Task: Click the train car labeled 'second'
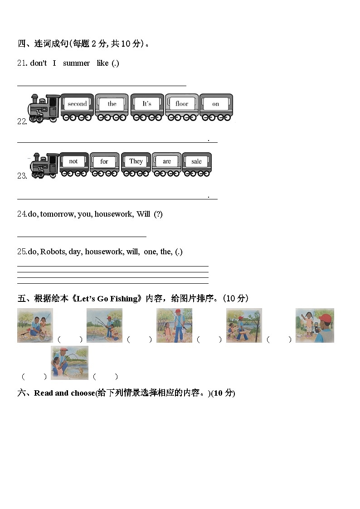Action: (77, 107)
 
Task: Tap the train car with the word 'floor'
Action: (182, 107)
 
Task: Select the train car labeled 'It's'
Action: (147, 107)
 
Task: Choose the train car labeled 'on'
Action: (216, 107)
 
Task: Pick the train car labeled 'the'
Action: (112, 107)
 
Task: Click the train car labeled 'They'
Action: (136, 164)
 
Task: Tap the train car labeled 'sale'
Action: (196, 164)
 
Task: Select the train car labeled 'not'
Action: (73, 164)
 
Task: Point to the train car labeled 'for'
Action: (104, 164)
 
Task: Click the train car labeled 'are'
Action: (167, 164)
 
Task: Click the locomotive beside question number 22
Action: (44, 108)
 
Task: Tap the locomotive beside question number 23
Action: (44, 165)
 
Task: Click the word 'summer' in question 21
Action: (76, 63)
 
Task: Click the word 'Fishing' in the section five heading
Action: (126, 299)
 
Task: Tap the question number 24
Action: (22, 214)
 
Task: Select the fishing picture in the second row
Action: (69, 362)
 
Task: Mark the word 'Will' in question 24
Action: (143, 214)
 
